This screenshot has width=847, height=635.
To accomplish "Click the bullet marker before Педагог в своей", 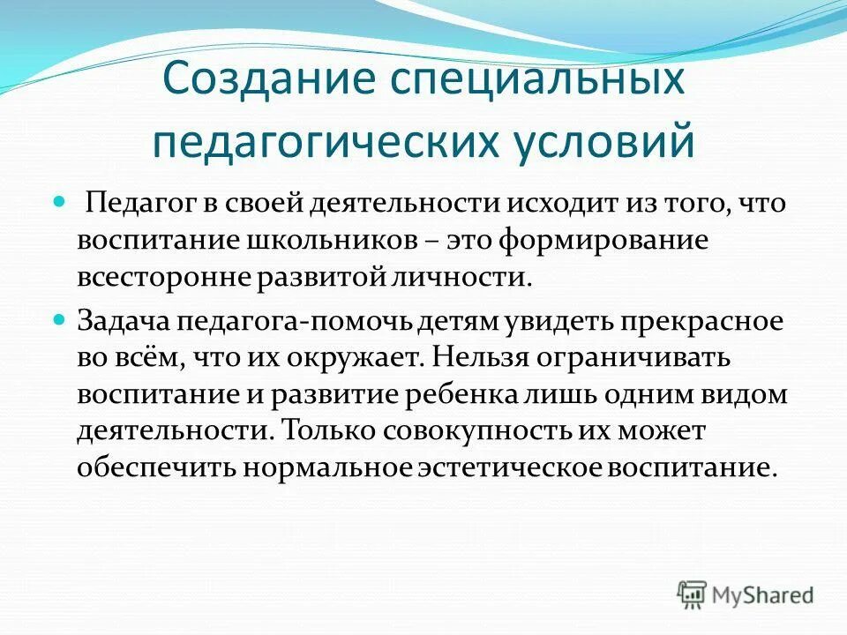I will click(60, 202).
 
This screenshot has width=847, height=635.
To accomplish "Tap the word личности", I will click(470, 278).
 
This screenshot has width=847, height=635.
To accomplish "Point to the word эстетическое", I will click(514, 467).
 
